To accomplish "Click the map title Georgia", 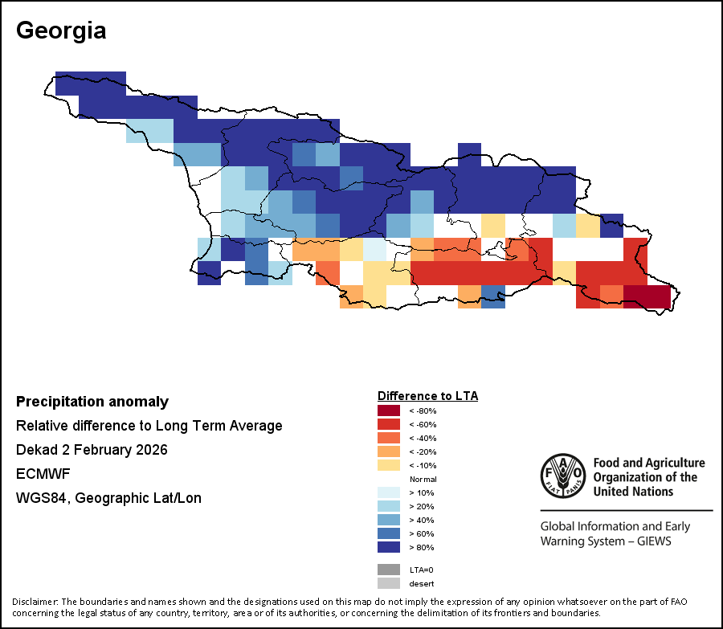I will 61,31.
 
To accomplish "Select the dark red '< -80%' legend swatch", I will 389,410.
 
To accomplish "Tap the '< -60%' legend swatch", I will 389,424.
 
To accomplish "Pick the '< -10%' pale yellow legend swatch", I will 389,465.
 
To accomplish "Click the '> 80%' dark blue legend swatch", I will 389,547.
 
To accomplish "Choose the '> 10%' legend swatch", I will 389,492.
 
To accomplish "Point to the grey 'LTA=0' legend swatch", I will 389,570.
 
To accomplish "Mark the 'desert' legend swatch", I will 389,583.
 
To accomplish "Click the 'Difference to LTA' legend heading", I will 427,396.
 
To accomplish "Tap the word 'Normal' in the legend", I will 423,479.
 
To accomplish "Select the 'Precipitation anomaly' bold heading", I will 92,402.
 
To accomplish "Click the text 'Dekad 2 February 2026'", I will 92,450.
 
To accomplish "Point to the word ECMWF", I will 43,474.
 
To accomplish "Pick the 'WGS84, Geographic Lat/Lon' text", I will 108,498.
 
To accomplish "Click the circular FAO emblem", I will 562,476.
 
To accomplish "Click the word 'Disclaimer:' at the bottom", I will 36,602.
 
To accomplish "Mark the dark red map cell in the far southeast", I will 647,297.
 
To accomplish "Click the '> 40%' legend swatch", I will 389,520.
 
